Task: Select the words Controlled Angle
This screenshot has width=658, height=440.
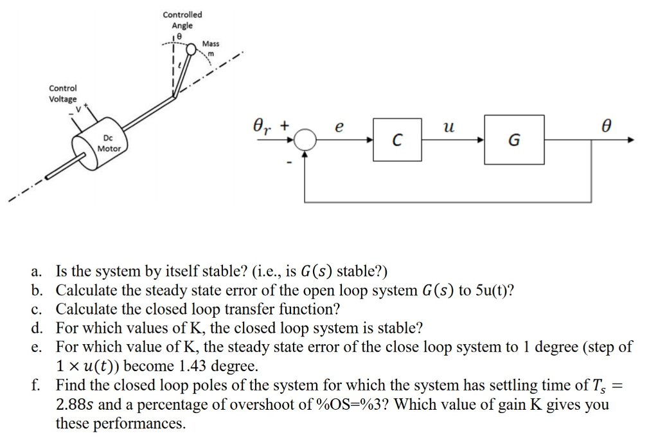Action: (x=182, y=19)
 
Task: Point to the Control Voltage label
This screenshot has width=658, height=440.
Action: (x=63, y=94)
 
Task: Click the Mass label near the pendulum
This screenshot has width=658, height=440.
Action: (x=211, y=44)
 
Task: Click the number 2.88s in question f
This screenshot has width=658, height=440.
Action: (x=78, y=405)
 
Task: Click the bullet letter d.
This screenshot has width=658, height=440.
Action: (x=35, y=328)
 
